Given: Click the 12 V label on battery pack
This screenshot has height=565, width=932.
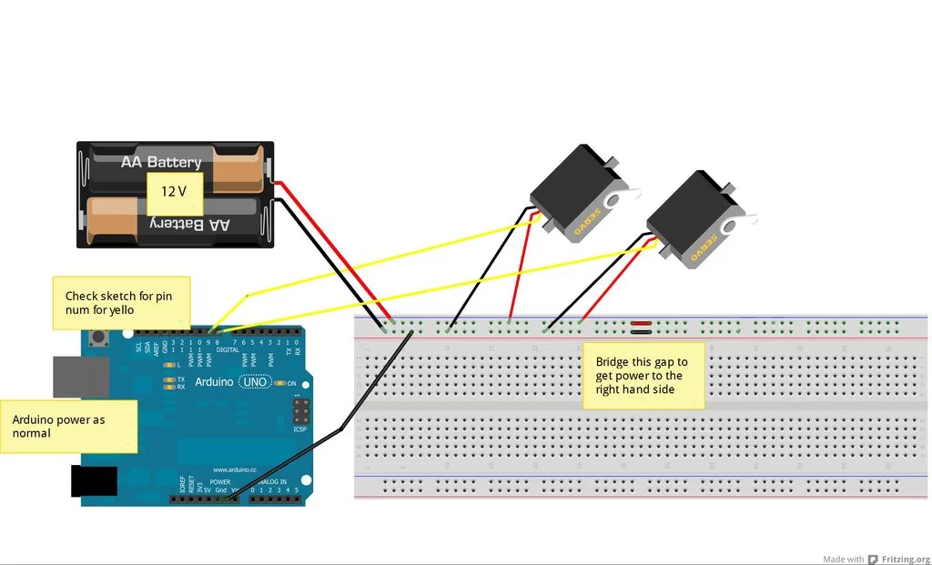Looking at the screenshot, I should (x=175, y=193).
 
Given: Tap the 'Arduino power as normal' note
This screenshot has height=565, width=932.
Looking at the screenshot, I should (x=69, y=427).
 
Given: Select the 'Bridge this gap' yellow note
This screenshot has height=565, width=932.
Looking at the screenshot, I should (x=643, y=375).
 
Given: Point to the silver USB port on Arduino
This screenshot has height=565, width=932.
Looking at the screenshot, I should (x=67, y=377).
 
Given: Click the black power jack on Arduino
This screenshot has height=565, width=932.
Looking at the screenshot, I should (x=94, y=481).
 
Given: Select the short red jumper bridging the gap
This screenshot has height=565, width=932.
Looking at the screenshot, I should (x=640, y=323).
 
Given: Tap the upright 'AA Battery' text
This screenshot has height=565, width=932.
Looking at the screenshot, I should (x=161, y=162).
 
